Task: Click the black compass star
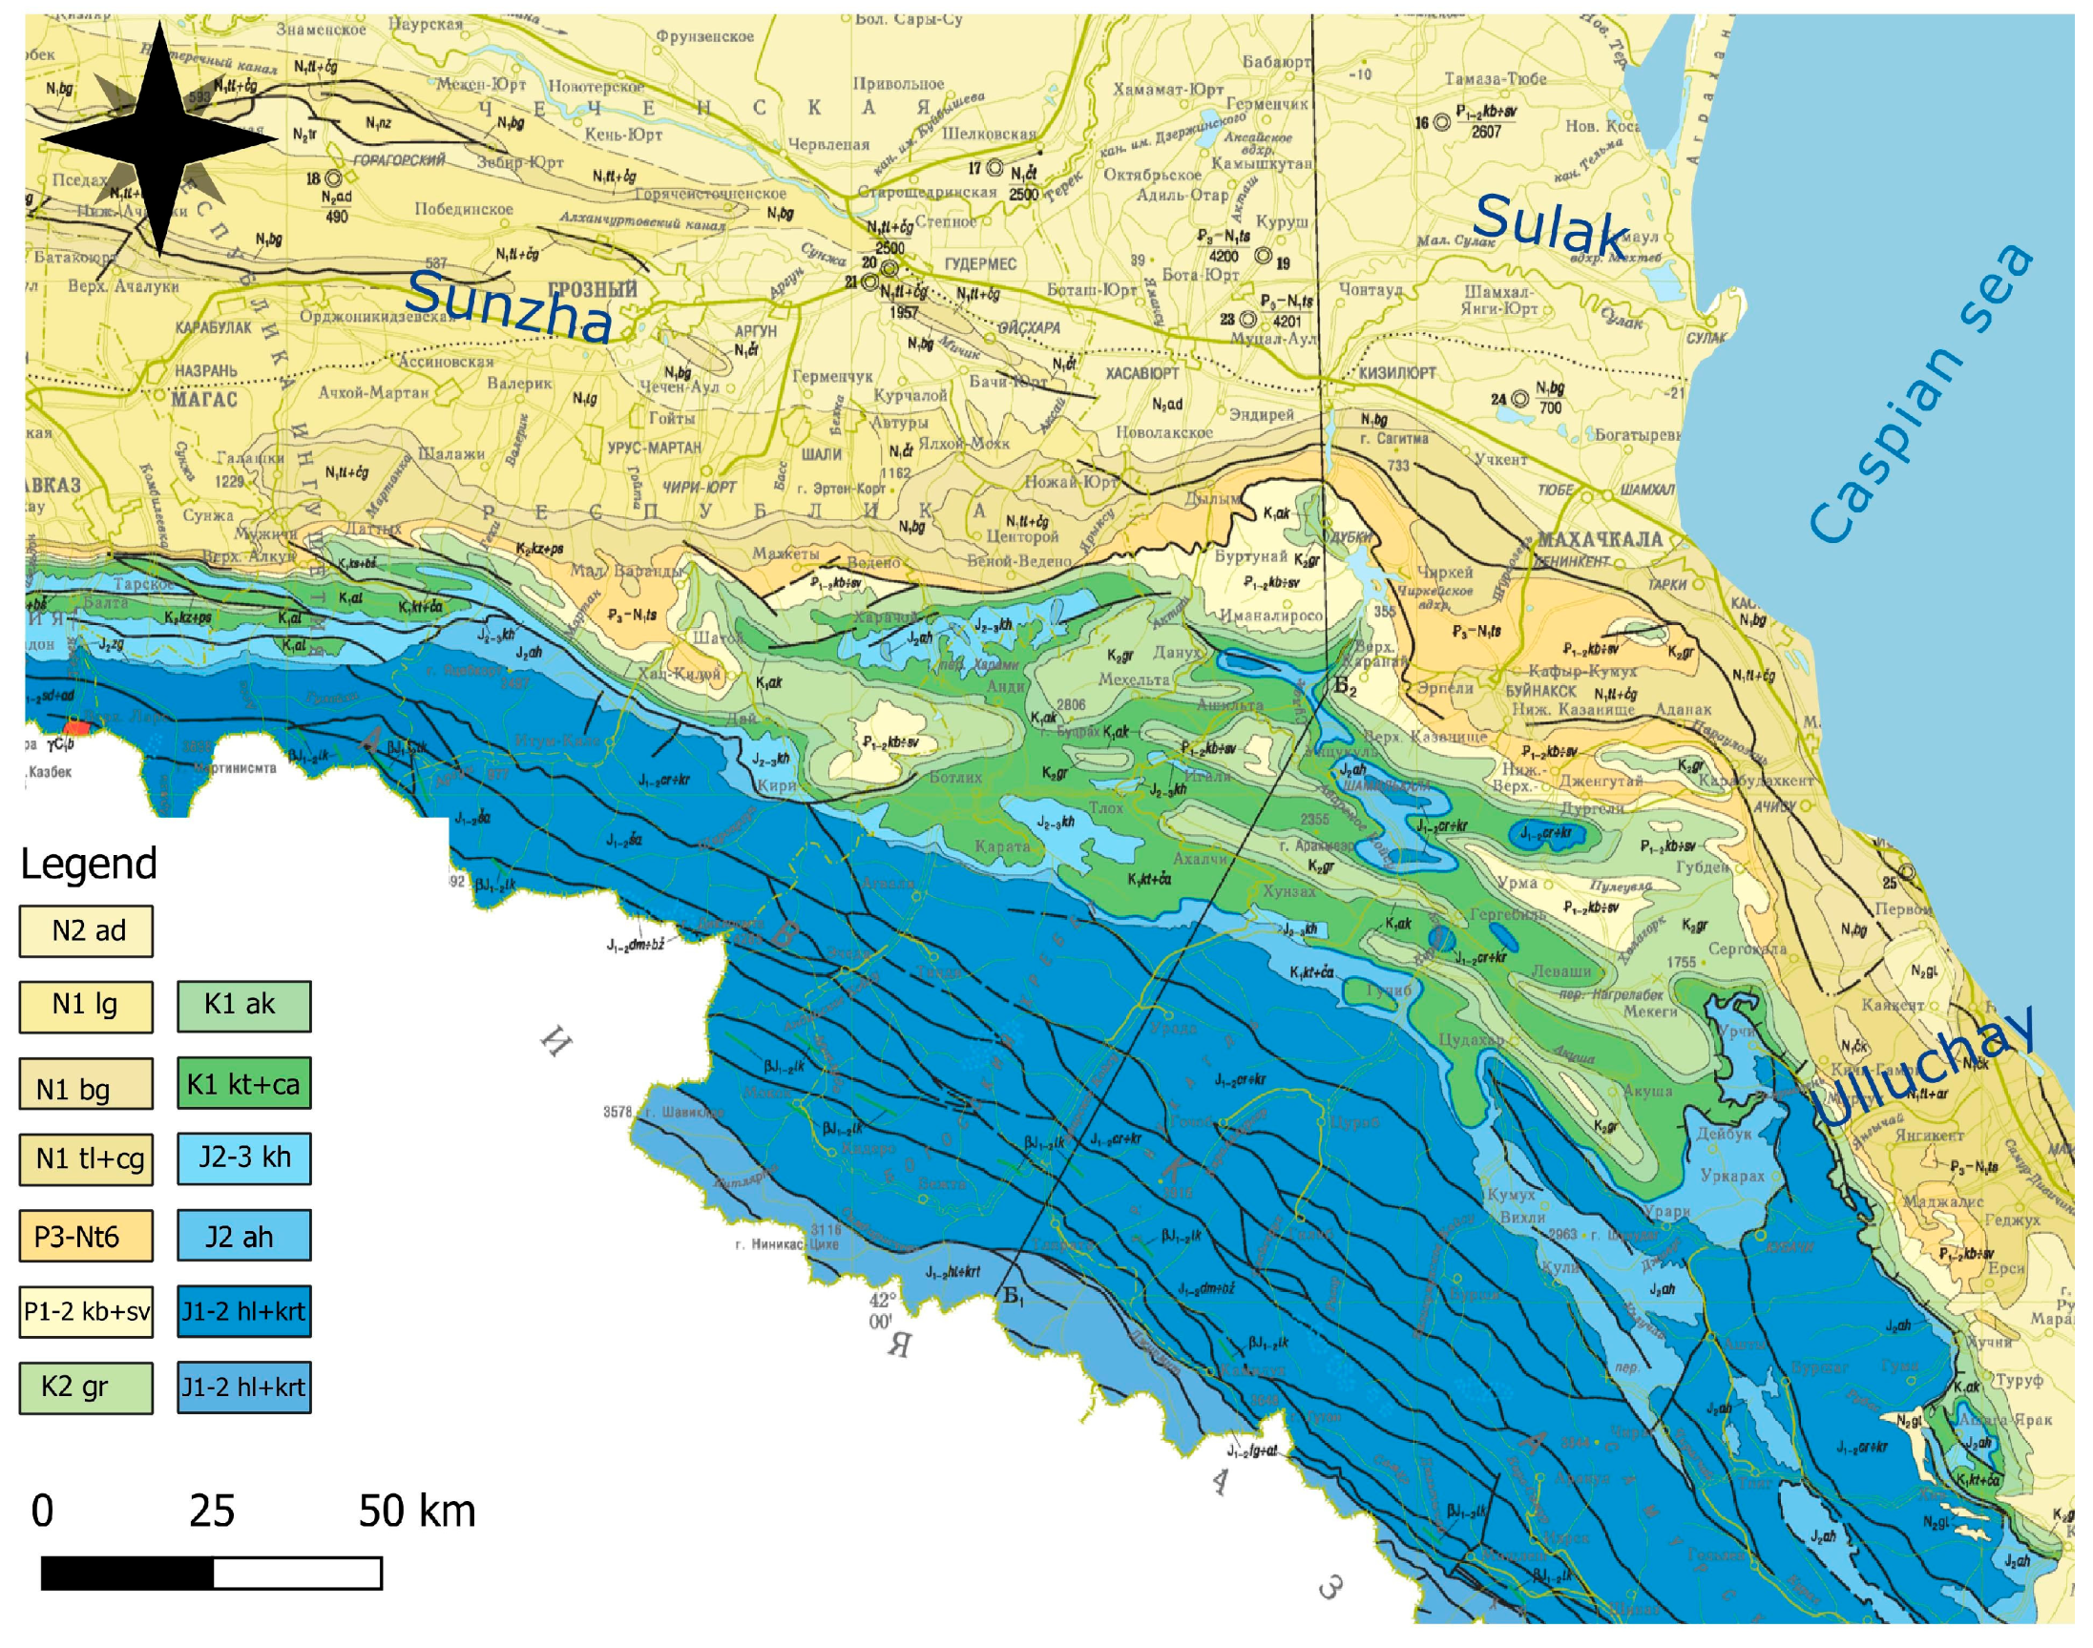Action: (x=159, y=140)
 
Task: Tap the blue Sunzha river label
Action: (x=509, y=307)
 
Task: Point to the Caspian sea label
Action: (x=1920, y=396)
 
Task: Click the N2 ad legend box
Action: (x=86, y=931)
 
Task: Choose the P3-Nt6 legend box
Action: (x=86, y=1236)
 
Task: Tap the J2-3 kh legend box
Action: (x=243, y=1158)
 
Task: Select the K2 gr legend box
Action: (x=86, y=1387)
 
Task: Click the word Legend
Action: (x=88, y=864)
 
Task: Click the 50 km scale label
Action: (x=417, y=1511)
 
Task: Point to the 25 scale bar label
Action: (x=211, y=1511)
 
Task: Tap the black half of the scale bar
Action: (x=126, y=1574)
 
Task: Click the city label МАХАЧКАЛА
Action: (x=1599, y=538)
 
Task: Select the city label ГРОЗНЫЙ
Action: (x=592, y=289)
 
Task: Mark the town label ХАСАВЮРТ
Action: (x=1141, y=373)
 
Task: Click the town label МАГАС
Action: (x=203, y=399)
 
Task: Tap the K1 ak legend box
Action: (x=243, y=1007)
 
